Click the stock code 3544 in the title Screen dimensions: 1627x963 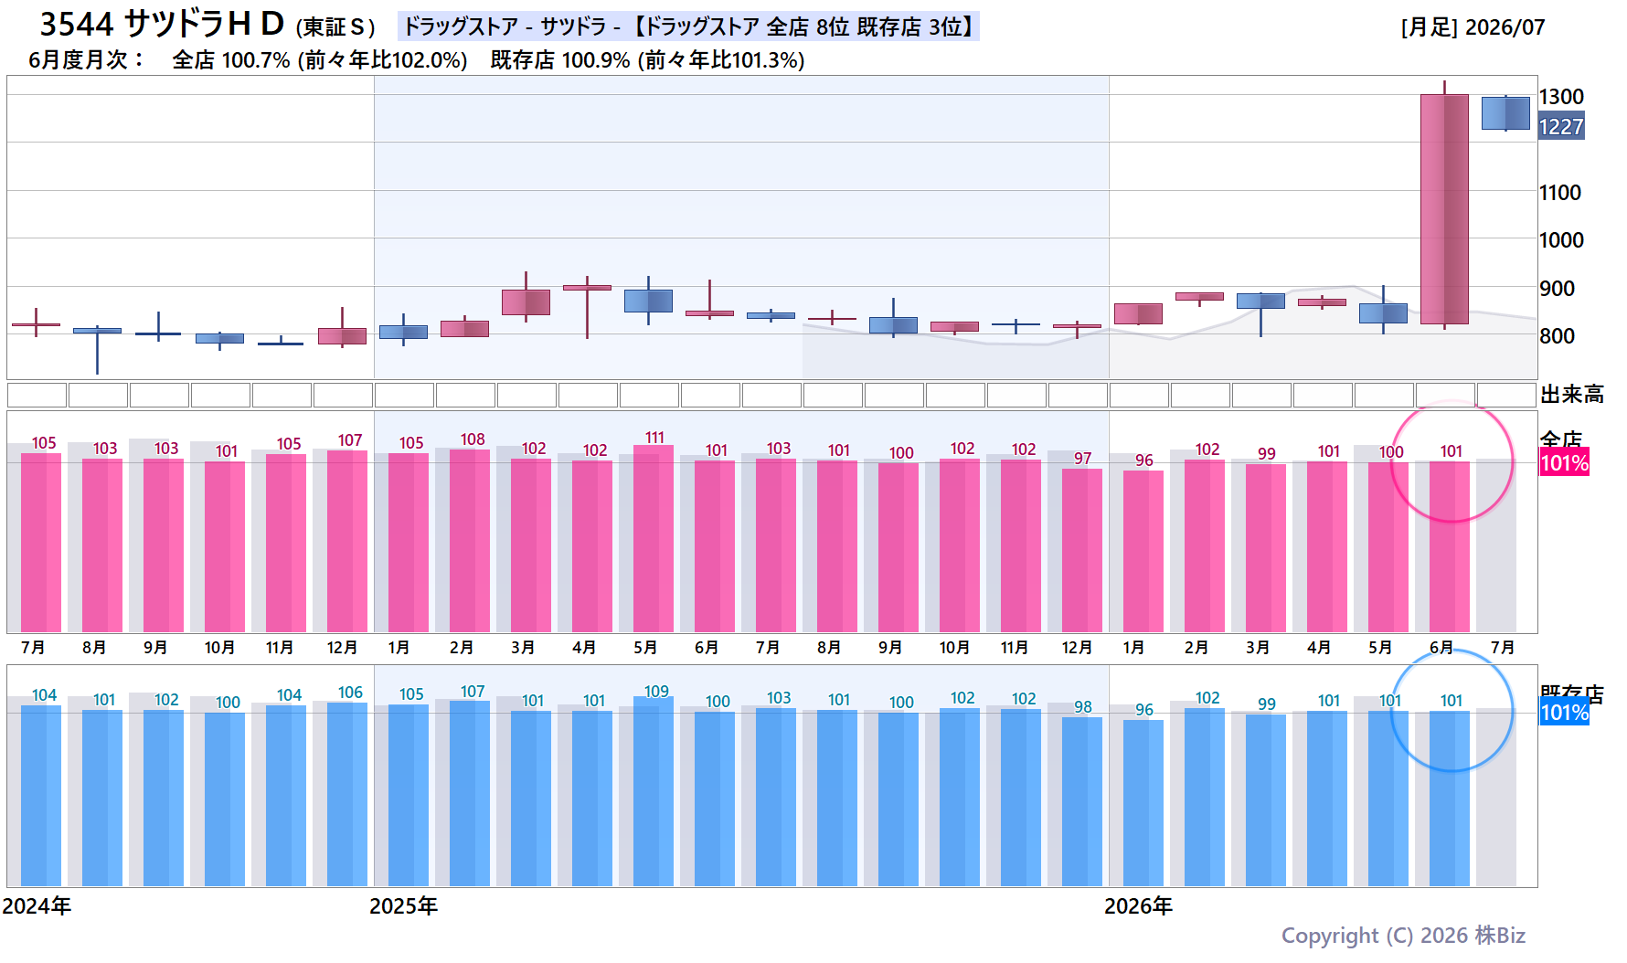pos(77,24)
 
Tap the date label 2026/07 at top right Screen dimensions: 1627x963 pos(1505,27)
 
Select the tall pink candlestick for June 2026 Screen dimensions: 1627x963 pos(1444,209)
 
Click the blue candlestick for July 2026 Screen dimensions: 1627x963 pos(1505,113)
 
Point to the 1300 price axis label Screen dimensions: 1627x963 pos(1561,97)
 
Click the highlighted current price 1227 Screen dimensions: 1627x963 pos(1561,127)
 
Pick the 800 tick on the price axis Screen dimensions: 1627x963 pos(1557,336)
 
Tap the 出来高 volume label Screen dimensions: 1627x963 pos(1572,395)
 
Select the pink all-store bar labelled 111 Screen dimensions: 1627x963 pos(654,538)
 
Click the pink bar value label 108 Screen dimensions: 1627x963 pos(473,439)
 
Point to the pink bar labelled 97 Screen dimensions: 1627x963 pos(1082,550)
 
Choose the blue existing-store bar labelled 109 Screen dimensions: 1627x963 pos(654,791)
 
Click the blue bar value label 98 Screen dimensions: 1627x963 pos(1083,707)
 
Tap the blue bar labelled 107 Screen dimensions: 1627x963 pos(470,793)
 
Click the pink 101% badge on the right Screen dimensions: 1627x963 pos(1565,463)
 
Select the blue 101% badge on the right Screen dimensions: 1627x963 pos(1565,713)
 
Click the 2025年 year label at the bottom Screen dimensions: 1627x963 pos(403,906)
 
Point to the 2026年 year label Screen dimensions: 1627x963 pos(1138,906)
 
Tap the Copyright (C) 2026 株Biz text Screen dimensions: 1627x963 pos(1403,936)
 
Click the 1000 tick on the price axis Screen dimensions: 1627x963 pos(1561,240)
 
